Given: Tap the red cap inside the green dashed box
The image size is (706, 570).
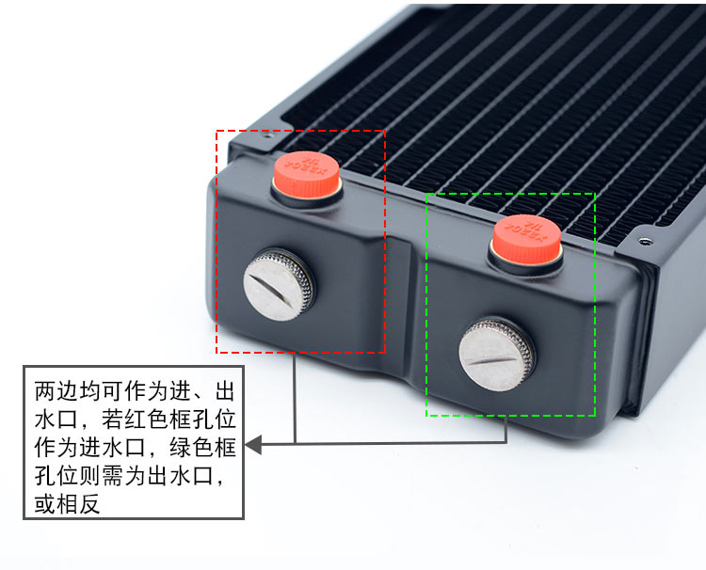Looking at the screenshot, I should point(526,233).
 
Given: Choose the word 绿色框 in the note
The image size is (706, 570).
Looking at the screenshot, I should point(193,445).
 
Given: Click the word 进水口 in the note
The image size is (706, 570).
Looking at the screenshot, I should point(91,445).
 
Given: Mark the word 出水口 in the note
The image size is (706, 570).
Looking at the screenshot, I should point(170,473).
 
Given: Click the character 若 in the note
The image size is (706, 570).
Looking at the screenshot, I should point(103,417).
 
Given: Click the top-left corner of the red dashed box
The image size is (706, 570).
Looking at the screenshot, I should point(217,131).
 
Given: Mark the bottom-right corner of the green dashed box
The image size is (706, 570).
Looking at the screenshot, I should point(595,415).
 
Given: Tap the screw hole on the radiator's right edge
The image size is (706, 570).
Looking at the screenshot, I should point(643,241).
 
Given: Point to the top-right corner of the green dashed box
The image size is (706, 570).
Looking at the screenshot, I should point(595,195).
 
